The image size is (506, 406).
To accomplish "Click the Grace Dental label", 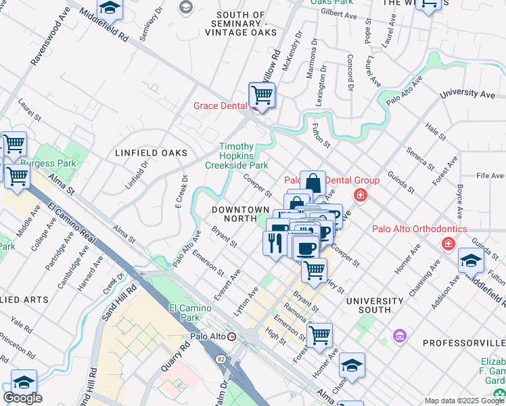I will point(221,106).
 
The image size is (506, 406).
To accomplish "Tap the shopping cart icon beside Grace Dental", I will point(261,95).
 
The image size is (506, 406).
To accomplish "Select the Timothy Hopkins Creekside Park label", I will point(237,156).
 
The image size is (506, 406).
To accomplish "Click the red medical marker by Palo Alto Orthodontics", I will point(447,243).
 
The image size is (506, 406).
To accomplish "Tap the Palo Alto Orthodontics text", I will point(419,229).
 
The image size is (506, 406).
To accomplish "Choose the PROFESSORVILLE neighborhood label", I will point(464,343).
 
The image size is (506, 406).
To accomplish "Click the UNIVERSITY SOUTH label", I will point(368,305).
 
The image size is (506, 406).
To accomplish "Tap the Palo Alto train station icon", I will point(232,336).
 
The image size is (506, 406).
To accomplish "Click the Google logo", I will point(22,398).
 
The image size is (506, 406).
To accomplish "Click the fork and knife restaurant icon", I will point(274,243).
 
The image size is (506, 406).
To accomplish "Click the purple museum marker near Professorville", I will point(399,336).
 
